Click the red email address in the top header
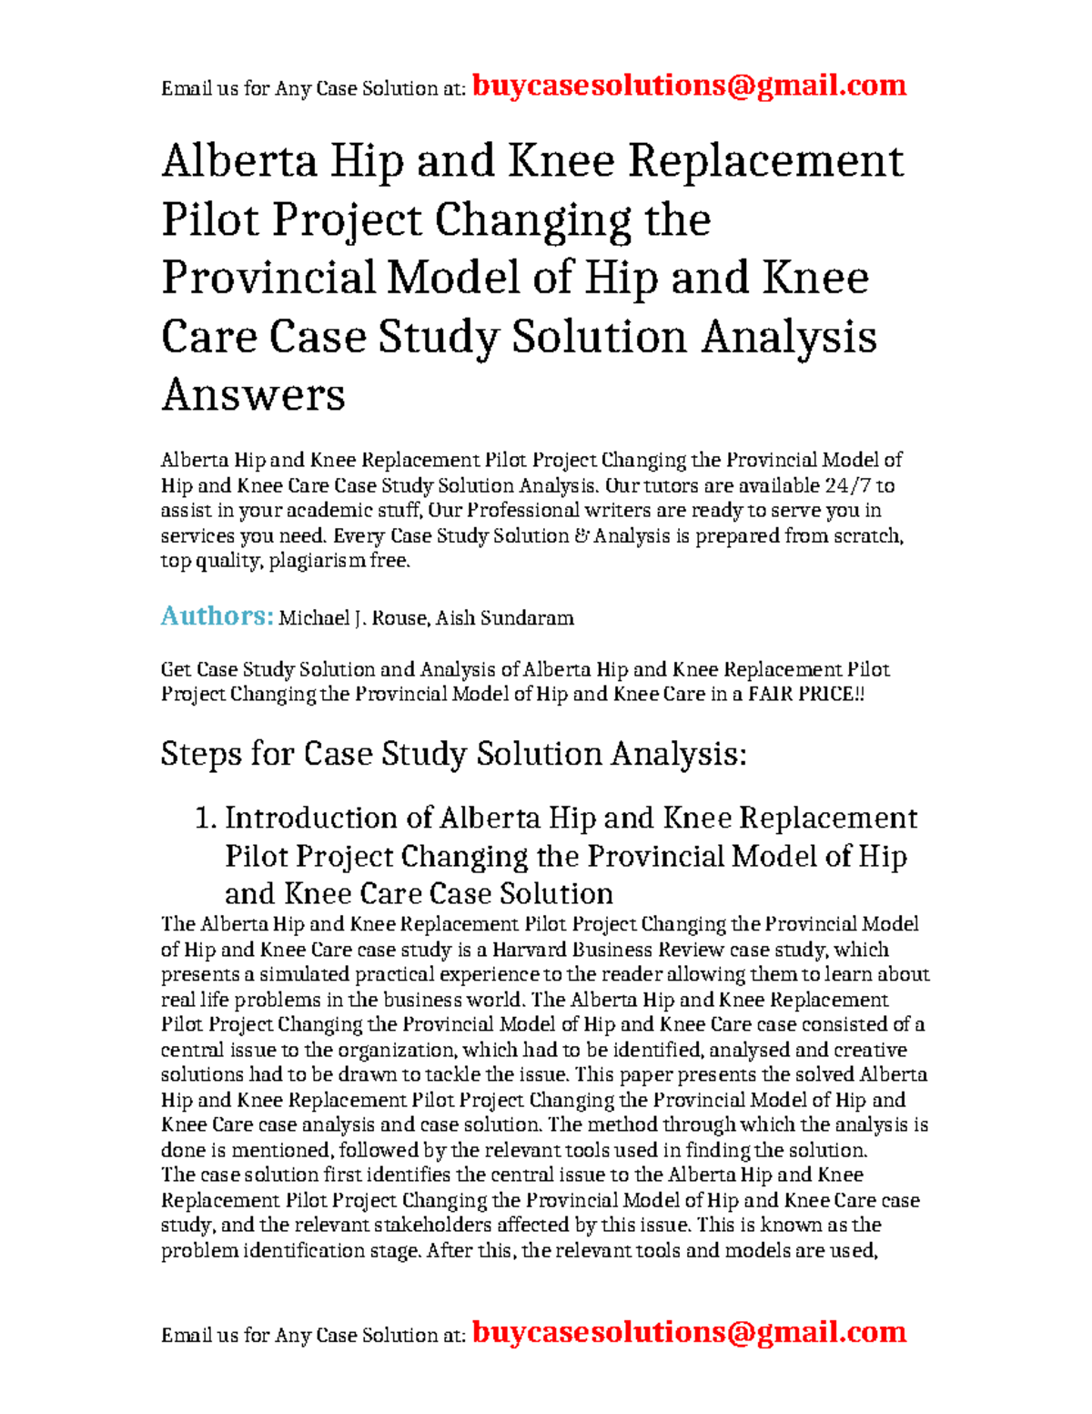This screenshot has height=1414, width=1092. click(689, 86)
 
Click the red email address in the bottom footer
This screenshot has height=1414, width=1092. click(689, 1332)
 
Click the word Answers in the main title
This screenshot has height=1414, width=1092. click(253, 395)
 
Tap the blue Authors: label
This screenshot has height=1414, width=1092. click(217, 616)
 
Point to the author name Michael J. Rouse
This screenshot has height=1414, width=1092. click(352, 618)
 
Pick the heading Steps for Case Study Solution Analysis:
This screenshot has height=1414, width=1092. click(452, 754)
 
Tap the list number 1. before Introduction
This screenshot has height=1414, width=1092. click(207, 818)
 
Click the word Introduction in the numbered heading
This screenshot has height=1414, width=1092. click(328, 818)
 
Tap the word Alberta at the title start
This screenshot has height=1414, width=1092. click(238, 162)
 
